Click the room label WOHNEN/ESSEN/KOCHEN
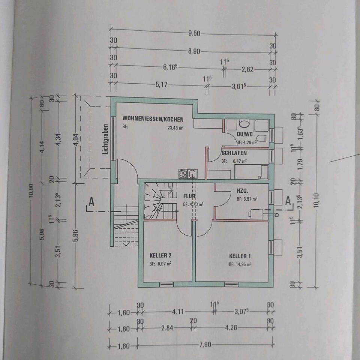[153, 119]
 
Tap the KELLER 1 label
[240, 256]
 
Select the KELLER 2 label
[160, 255]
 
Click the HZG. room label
[242, 190]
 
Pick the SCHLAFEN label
[234, 153]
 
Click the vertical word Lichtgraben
[106, 139]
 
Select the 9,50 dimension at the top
[194, 33]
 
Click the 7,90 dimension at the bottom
[205, 345]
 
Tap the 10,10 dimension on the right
[317, 202]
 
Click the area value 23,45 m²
[175, 127]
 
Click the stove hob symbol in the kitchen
[183, 174]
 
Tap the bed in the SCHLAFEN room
[251, 172]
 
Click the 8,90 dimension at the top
[194, 51]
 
